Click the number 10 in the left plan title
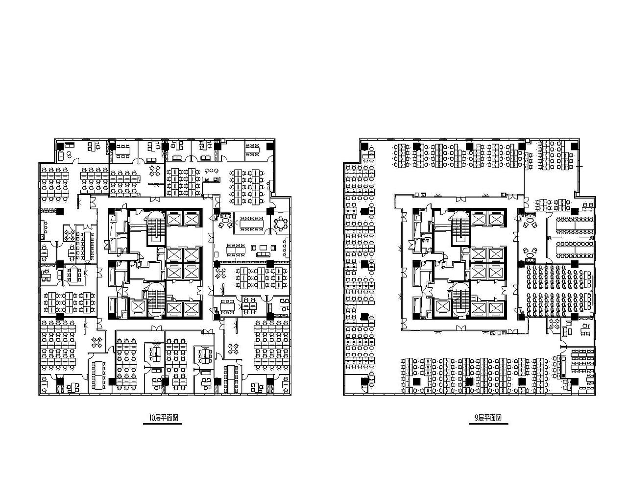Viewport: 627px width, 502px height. (152, 418)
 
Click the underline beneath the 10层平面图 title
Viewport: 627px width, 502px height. (163, 424)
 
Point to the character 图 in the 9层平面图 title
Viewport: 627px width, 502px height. (499, 418)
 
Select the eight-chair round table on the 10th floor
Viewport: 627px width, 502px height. (281, 224)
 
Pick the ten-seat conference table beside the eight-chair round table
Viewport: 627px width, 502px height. (251, 224)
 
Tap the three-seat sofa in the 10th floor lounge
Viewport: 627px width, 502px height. (264, 254)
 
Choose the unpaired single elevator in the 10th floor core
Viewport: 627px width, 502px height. (139, 307)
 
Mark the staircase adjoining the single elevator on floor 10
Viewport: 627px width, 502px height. (156, 301)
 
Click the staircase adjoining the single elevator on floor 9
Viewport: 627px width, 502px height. (460, 301)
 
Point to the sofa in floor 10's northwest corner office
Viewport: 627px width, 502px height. (62, 155)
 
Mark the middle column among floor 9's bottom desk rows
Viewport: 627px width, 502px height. (469, 381)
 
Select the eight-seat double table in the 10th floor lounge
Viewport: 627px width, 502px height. (236, 250)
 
